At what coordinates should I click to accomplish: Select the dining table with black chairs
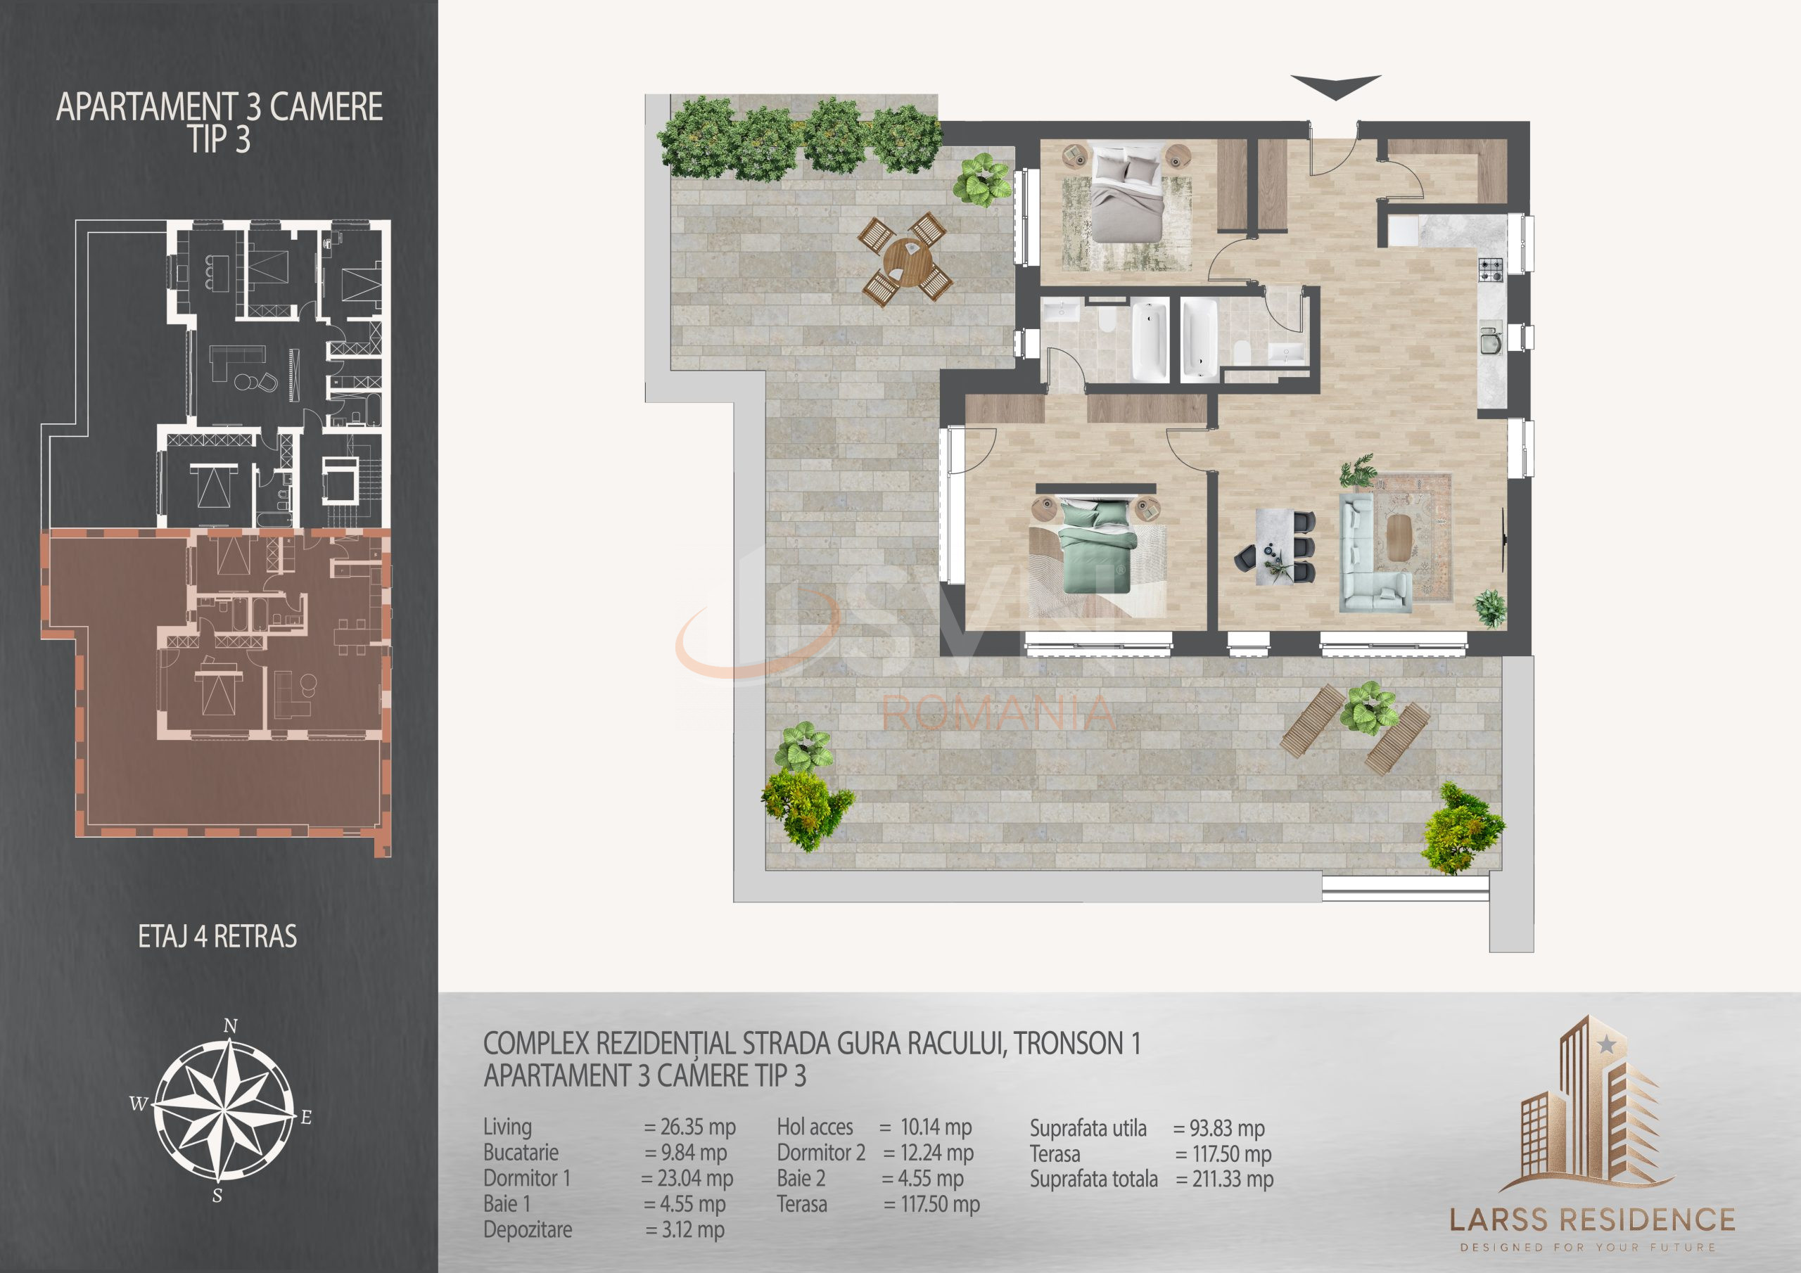click(x=1275, y=546)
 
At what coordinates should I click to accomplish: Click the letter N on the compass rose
click(x=231, y=1026)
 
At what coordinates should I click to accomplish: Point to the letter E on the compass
click(x=306, y=1118)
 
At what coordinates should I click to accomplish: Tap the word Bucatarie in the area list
click(x=521, y=1152)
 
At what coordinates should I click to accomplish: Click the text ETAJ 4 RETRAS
click(x=217, y=937)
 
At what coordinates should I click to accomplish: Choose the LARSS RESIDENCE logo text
click(x=1591, y=1220)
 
